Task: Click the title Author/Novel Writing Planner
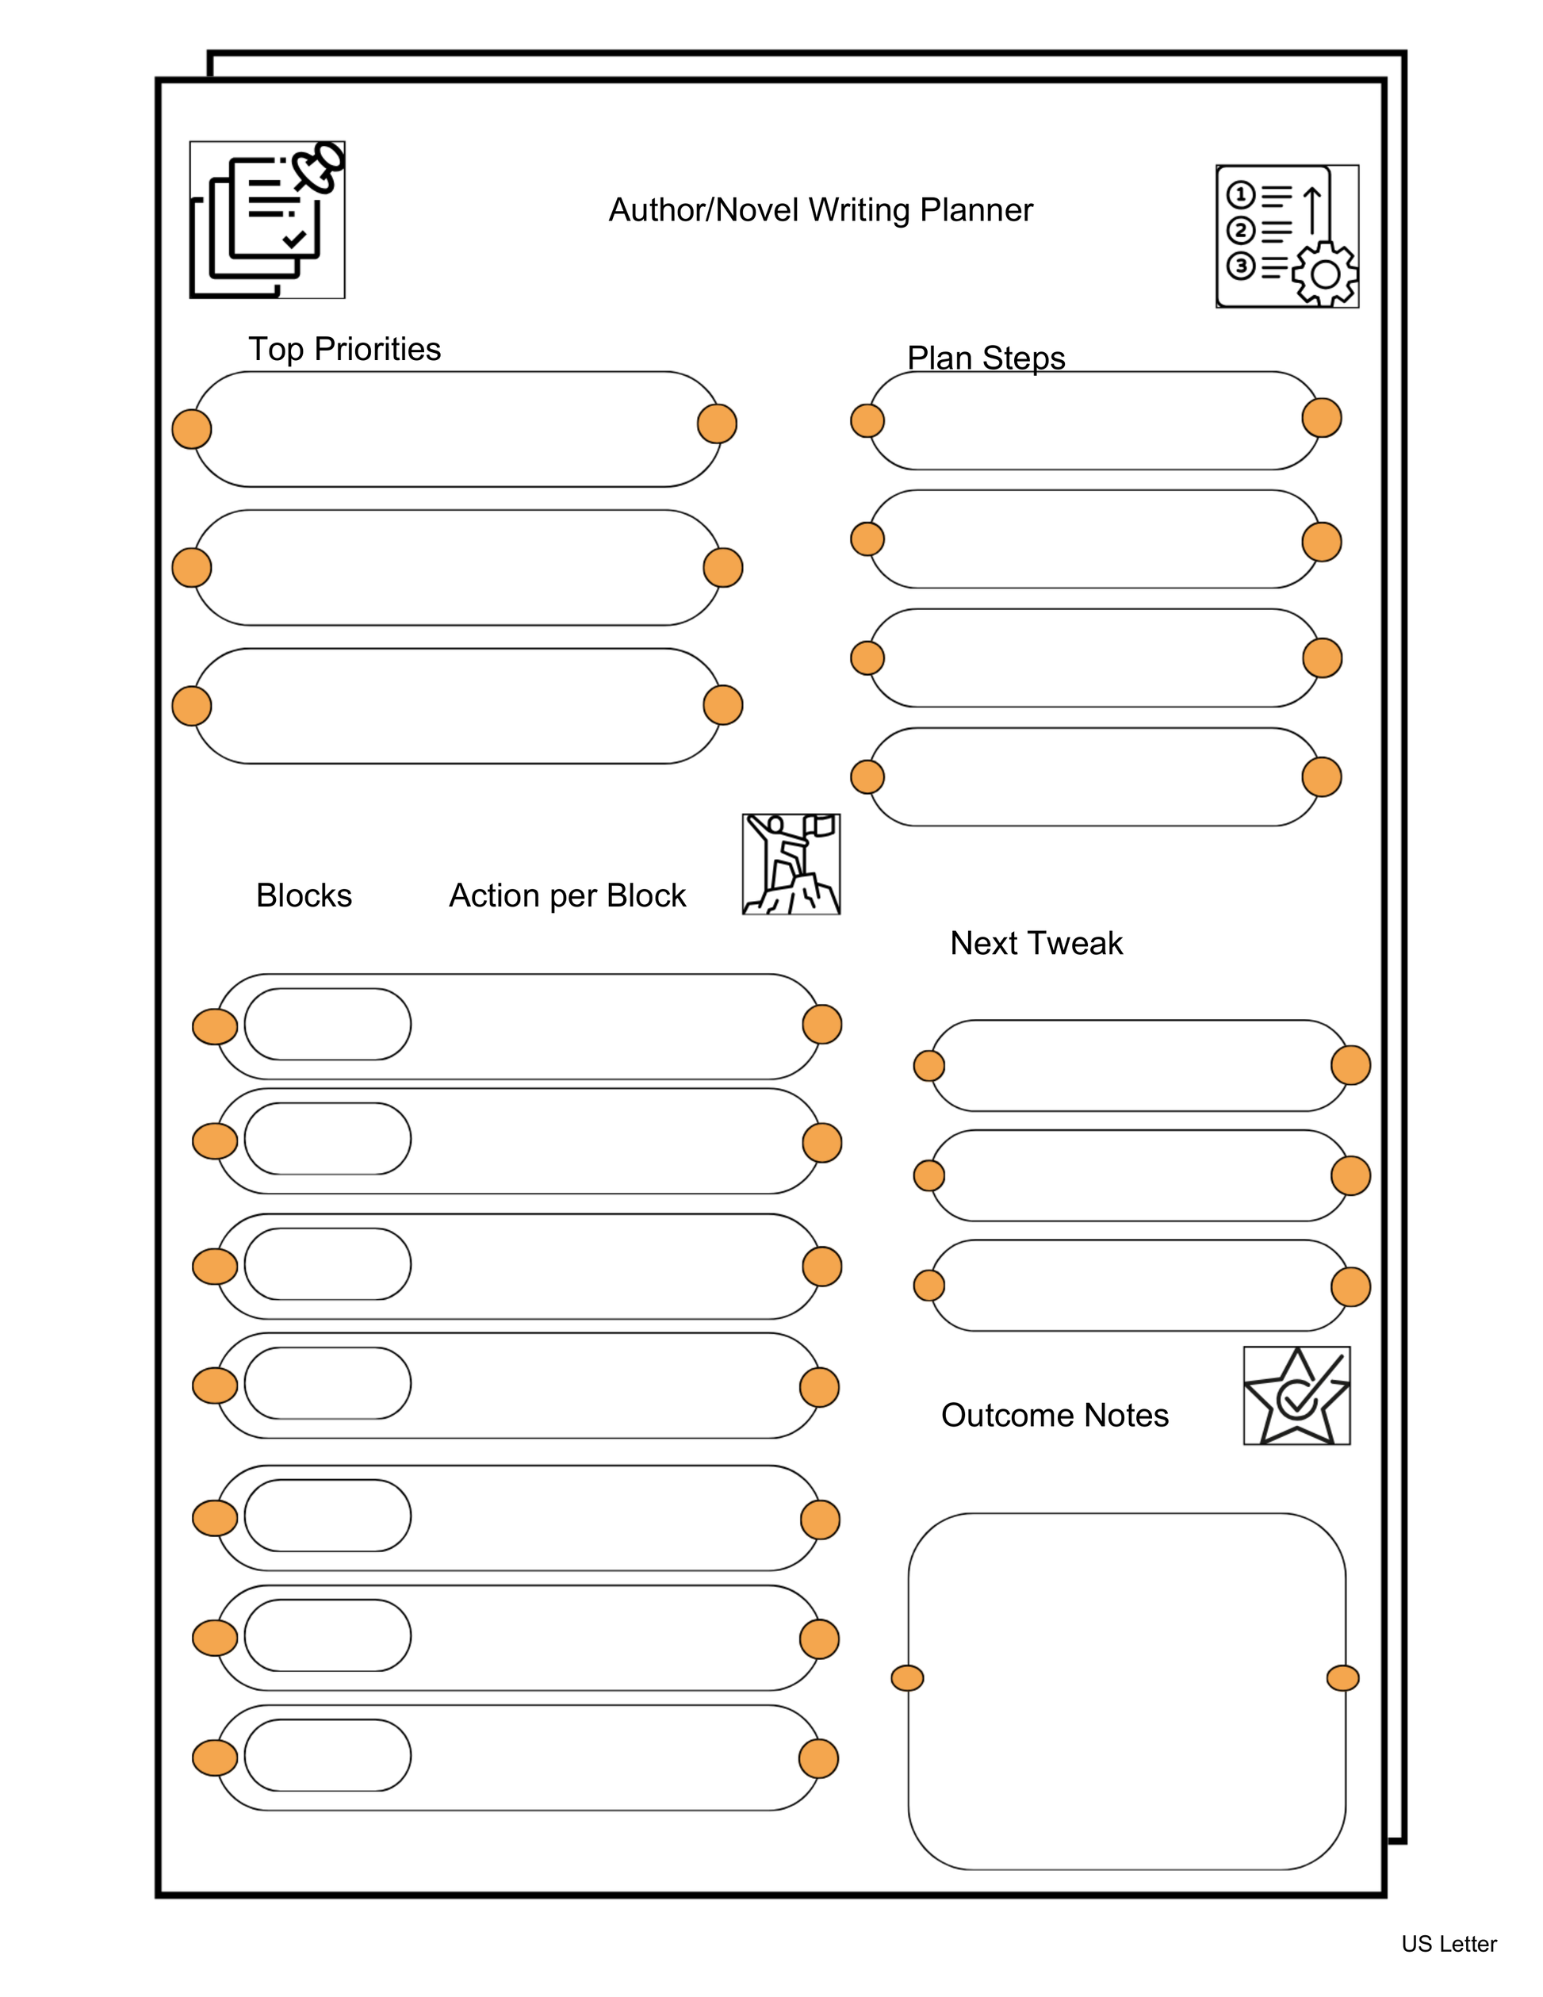click(x=820, y=210)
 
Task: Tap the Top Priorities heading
click(x=345, y=349)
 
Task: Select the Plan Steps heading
click(x=986, y=358)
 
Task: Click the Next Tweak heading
click(x=1036, y=943)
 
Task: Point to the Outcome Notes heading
click(x=1054, y=1415)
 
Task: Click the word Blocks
click(x=304, y=895)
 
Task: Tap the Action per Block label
click(x=567, y=895)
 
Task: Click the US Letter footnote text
click(x=1448, y=1943)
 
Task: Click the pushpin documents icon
click(x=267, y=220)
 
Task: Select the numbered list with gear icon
click(x=1286, y=236)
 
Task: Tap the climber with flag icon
click(x=791, y=864)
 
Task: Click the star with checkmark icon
click(x=1296, y=1395)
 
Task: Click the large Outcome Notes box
click(x=1126, y=1692)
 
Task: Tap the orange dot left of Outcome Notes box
click(x=907, y=1678)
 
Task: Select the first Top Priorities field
click(x=457, y=429)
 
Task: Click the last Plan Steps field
click(x=1093, y=777)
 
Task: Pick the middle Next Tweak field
click(x=1138, y=1175)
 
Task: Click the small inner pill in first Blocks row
click(x=327, y=1024)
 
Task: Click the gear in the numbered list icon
click(x=1324, y=274)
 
